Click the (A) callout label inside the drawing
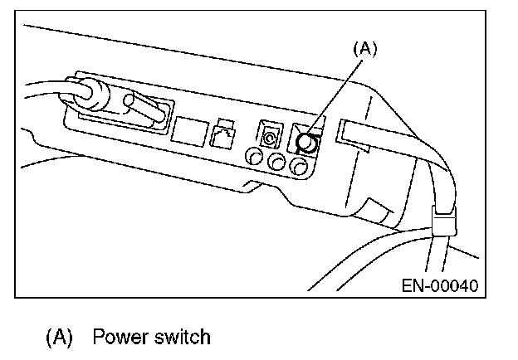[365, 49]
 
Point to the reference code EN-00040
[439, 287]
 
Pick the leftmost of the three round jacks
[255, 156]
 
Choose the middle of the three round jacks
[277, 162]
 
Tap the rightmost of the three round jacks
[300, 167]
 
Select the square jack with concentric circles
[271, 133]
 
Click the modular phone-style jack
[222, 133]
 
